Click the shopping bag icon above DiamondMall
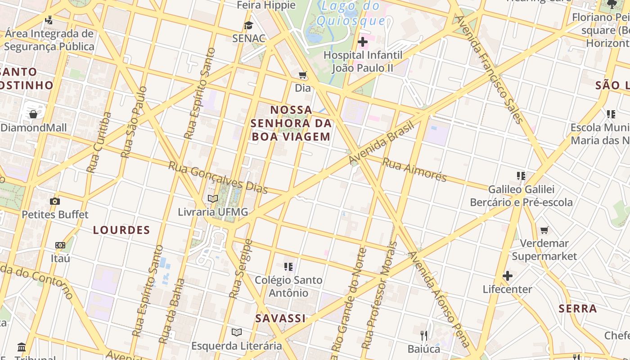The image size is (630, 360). pos(33,114)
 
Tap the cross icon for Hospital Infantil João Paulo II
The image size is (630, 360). pos(362,42)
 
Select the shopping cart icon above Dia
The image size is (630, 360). pos(303,75)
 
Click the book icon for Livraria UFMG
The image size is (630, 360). pos(213,198)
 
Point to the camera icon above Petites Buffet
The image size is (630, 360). pos(55,201)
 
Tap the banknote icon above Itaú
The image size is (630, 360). pos(60,245)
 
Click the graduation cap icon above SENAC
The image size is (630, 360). pos(248,25)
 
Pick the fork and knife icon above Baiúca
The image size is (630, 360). pos(424,335)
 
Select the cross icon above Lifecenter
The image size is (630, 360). pos(508,275)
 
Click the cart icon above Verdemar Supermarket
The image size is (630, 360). pos(544,230)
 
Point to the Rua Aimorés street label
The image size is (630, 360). pos(414,169)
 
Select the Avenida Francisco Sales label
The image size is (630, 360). pos(490,70)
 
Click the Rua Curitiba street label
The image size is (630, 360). pos(99,143)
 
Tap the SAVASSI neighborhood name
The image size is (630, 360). pos(280,319)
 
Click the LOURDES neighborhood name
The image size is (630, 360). pos(121,230)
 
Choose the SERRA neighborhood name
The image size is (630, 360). pos(578,309)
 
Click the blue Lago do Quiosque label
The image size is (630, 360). pos(351,13)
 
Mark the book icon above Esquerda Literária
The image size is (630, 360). pos(237,333)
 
